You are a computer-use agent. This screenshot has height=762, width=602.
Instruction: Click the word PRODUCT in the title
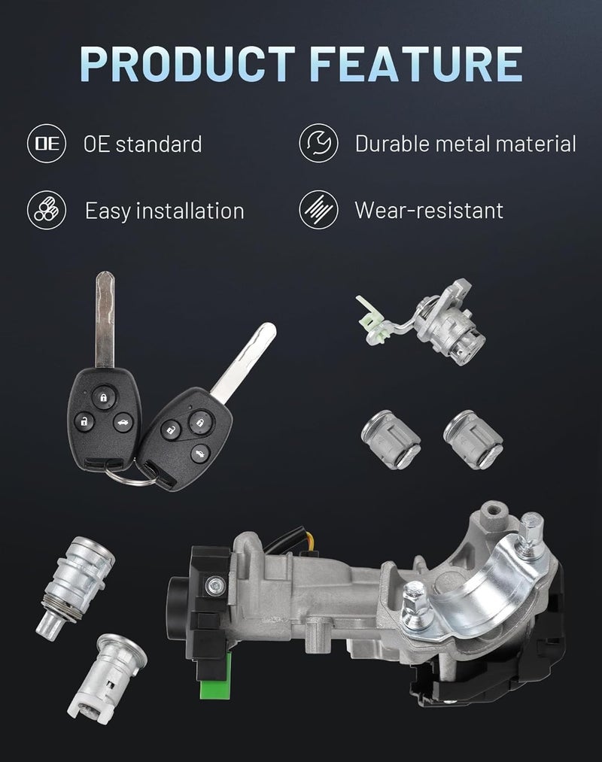pos(188,64)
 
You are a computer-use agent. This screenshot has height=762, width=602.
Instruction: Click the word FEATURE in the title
pos(416,64)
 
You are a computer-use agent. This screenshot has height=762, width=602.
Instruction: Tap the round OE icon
pos(47,144)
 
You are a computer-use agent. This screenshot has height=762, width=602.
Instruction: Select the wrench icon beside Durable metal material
pos(318,143)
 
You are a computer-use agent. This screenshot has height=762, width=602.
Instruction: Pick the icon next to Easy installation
pos(47,210)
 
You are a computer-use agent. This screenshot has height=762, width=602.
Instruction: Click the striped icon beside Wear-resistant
pos(318,209)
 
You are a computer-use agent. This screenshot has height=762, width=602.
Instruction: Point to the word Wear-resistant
pos(429,211)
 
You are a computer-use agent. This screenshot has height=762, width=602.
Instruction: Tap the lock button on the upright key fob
pos(104,397)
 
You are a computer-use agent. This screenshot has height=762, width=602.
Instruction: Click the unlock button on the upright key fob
pos(84,421)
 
